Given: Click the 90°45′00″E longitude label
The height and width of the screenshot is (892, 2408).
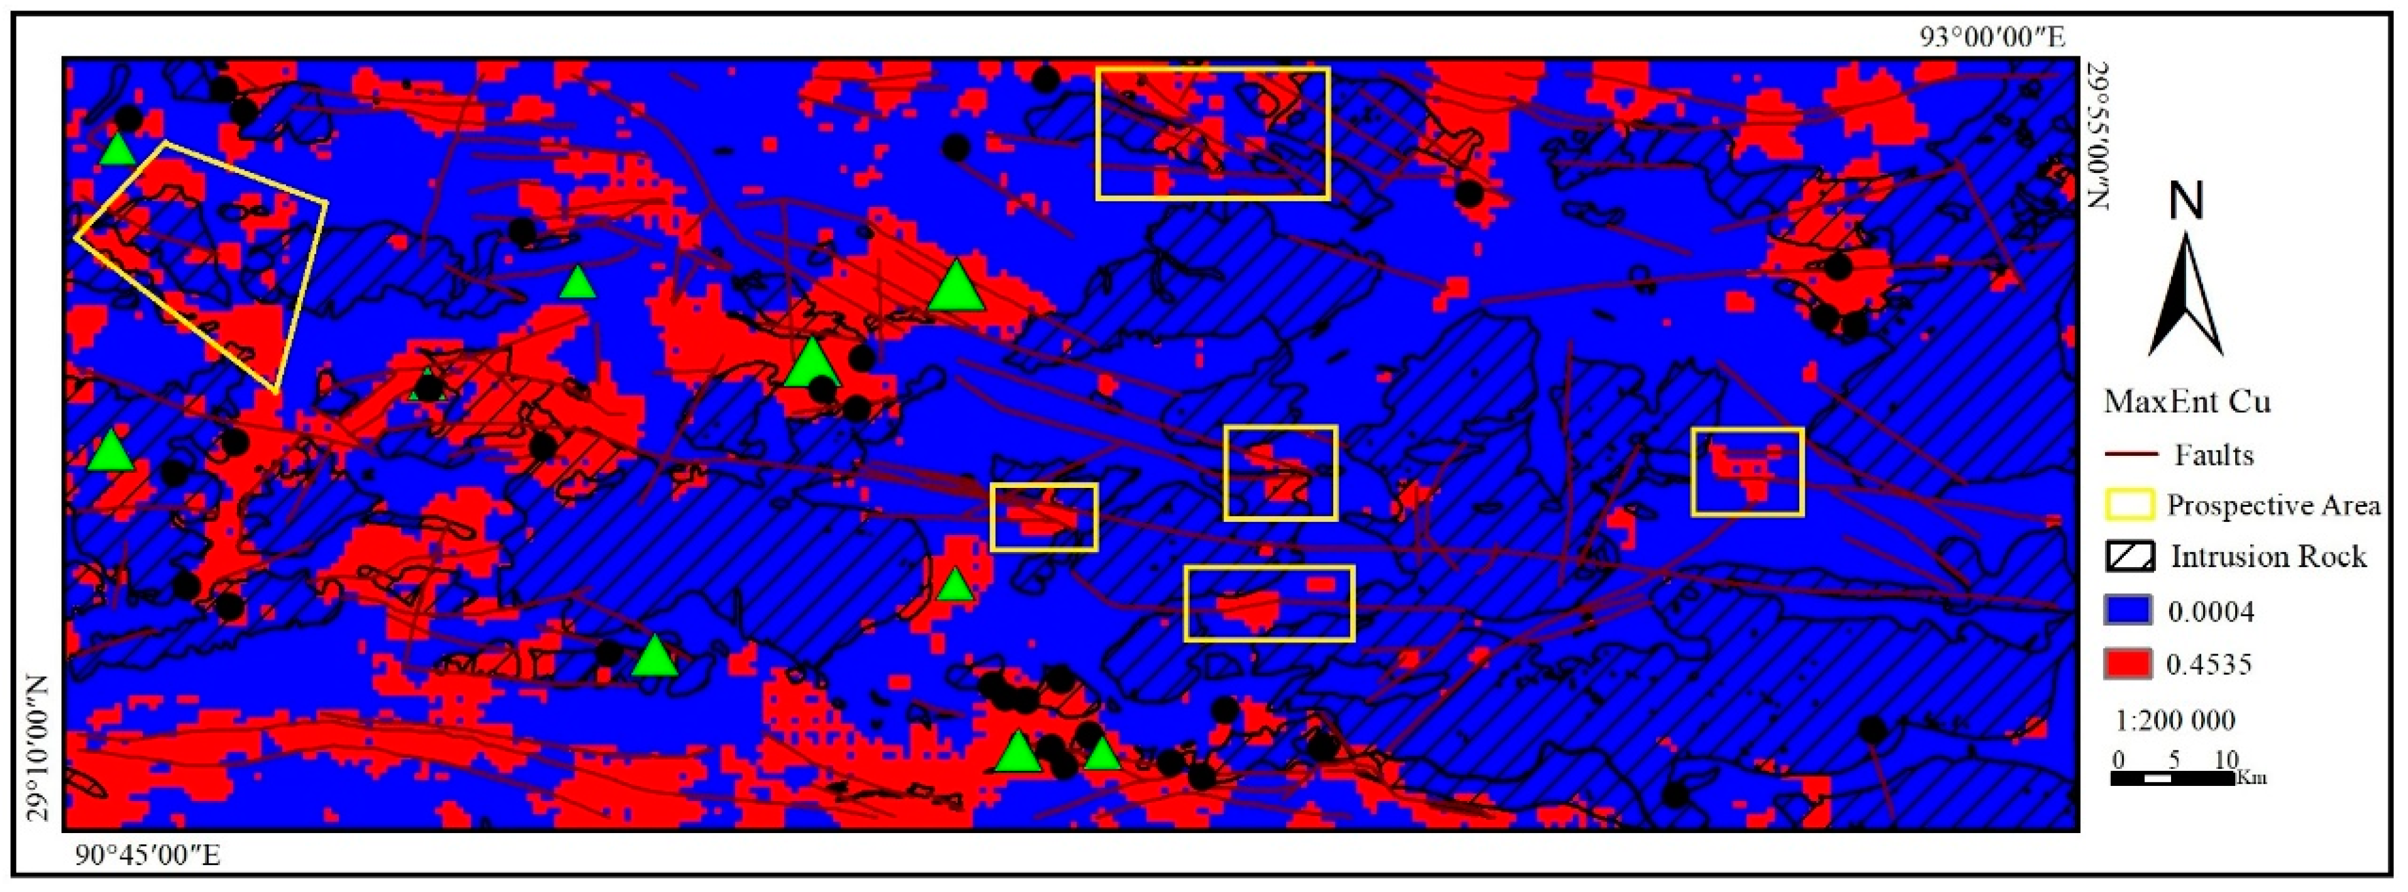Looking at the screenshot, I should tap(148, 855).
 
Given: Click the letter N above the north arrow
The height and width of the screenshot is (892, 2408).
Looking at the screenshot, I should tap(2185, 202).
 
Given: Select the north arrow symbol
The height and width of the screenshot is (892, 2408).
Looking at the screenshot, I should tap(2185, 295).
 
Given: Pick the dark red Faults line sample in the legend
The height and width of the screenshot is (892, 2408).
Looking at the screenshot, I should tap(2130, 455).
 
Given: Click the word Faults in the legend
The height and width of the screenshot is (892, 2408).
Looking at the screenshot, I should tap(2214, 455).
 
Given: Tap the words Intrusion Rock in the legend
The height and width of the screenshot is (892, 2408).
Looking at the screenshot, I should tap(2269, 556).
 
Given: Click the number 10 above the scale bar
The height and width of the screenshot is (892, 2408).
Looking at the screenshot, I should tap(2226, 758).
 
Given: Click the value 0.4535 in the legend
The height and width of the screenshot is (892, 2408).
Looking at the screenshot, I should tap(2209, 665).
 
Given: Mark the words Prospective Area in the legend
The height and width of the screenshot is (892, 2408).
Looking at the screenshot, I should tap(2273, 506).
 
